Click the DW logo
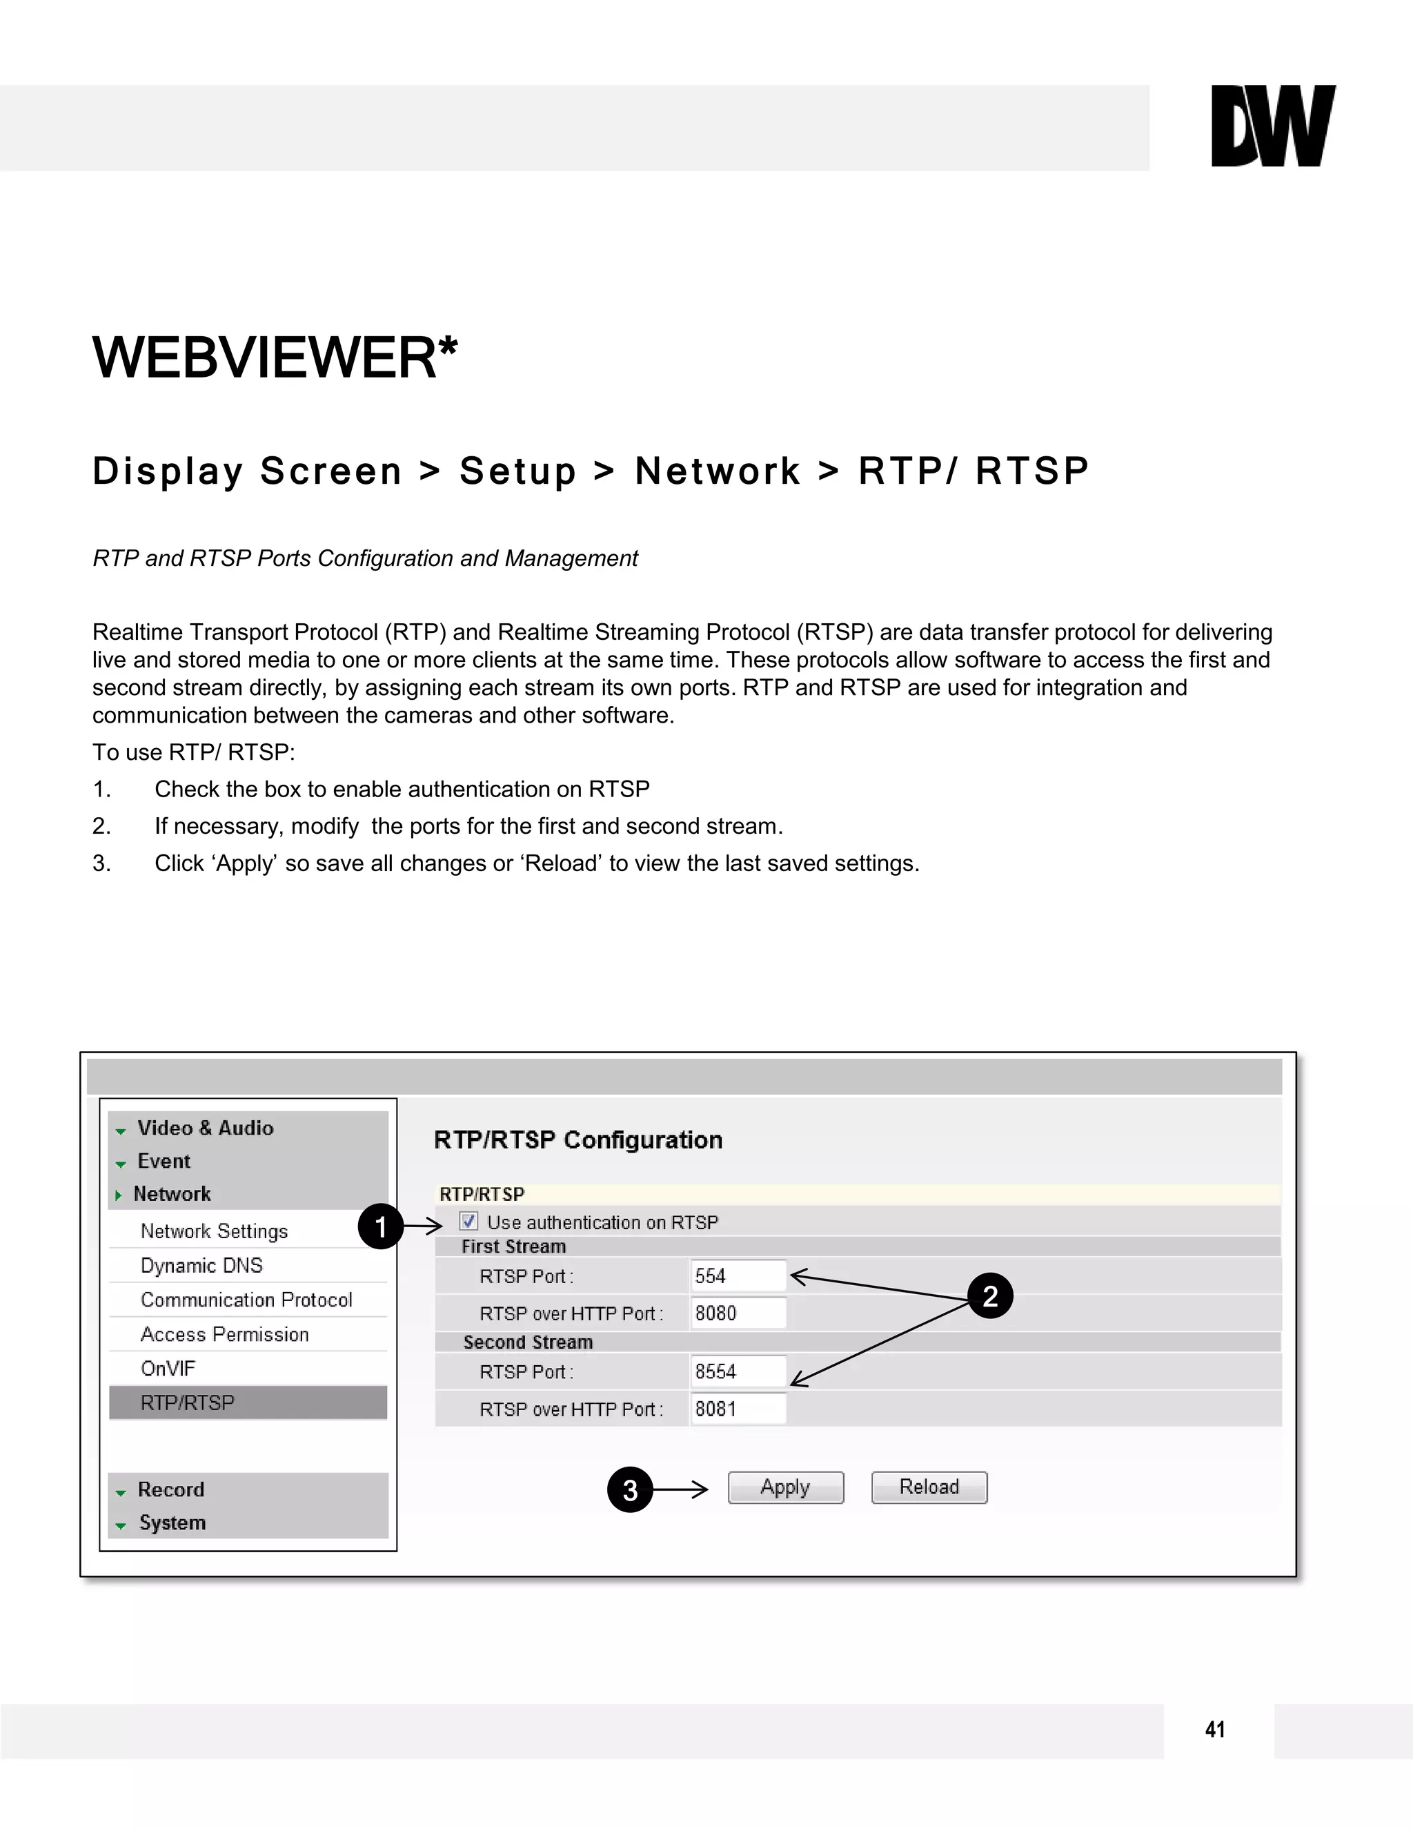pyautogui.click(x=1272, y=126)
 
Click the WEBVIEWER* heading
pyautogui.click(x=275, y=358)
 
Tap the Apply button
pyautogui.click(x=785, y=1487)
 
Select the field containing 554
pyautogui.click(x=738, y=1276)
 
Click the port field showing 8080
pyautogui.click(x=738, y=1313)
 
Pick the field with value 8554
pyautogui.click(x=738, y=1372)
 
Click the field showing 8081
pyautogui.click(x=738, y=1409)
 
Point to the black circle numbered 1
pyautogui.click(x=381, y=1227)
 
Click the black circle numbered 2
pyautogui.click(x=990, y=1296)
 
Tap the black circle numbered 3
pyautogui.click(x=629, y=1490)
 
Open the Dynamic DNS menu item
pyautogui.click(x=201, y=1265)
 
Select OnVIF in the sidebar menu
pyautogui.click(x=168, y=1369)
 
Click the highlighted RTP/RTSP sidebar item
pyautogui.click(x=188, y=1402)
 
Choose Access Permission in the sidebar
pyautogui.click(x=224, y=1334)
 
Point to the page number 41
pyautogui.click(x=1216, y=1730)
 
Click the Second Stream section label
pyautogui.click(x=528, y=1342)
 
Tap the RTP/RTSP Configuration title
pyautogui.click(x=577, y=1140)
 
